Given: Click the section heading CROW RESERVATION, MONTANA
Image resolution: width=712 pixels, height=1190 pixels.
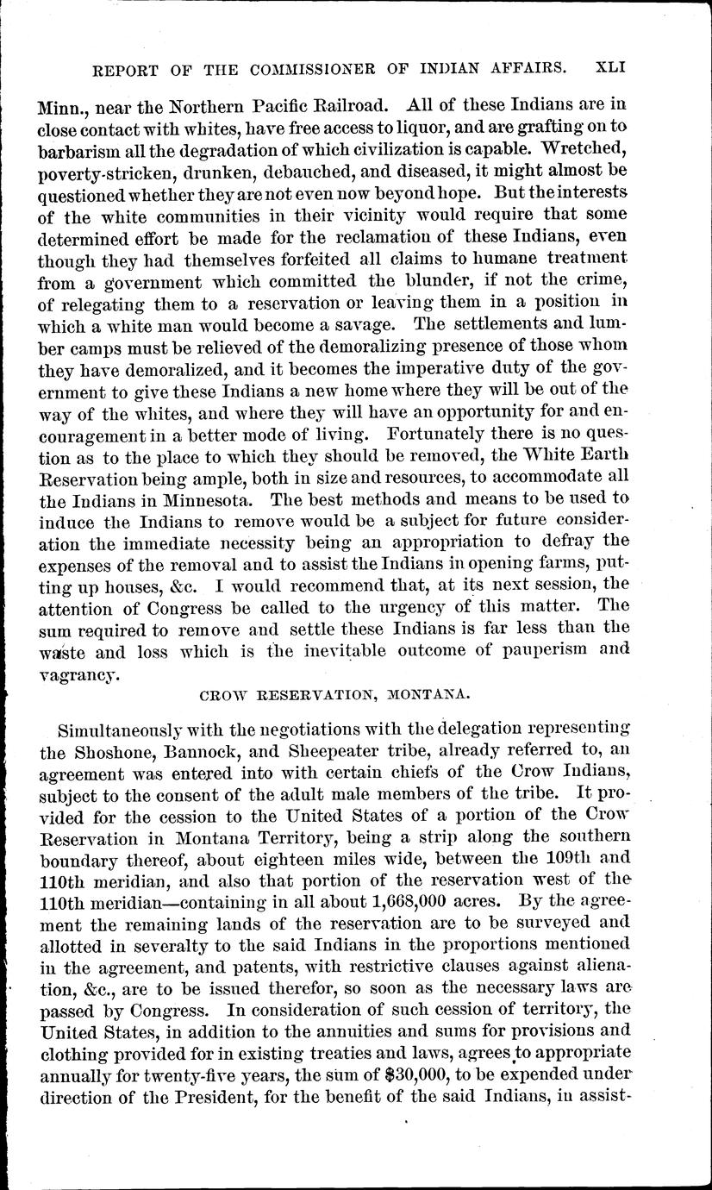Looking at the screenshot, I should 356,692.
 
